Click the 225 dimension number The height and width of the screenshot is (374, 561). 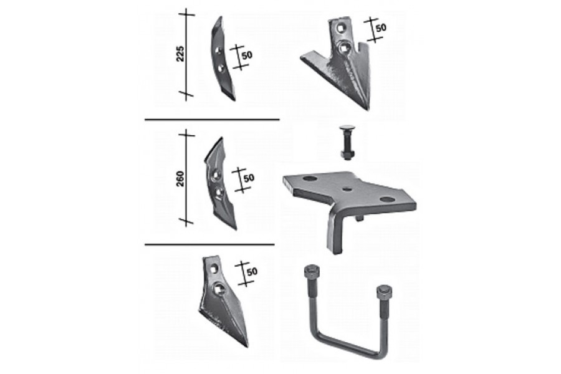coord(180,54)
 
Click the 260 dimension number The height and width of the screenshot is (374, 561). coord(180,179)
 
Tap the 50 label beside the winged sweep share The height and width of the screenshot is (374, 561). coord(381,27)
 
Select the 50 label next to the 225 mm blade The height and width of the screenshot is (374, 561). coord(247,55)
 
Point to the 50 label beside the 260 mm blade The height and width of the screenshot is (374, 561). coord(248,178)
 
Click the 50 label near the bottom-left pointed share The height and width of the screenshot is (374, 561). coord(252,271)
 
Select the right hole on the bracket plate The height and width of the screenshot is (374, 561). coord(386,199)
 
